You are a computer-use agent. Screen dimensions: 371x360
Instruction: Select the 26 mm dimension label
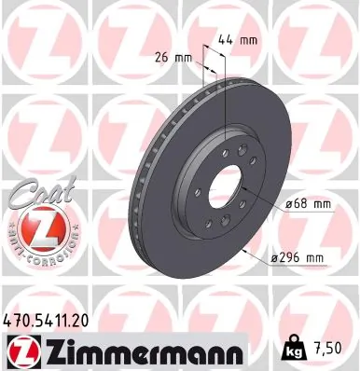click(170, 57)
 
